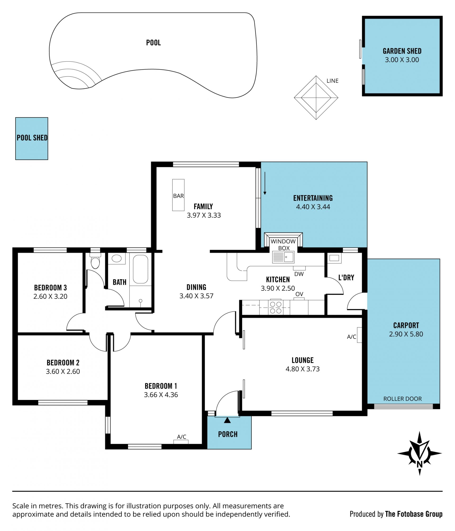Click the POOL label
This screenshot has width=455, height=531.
point(154,43)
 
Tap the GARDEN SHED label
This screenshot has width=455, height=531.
point(402,51)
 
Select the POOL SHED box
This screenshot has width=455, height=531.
point(32,139)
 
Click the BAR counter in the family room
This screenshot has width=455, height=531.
point(178,195)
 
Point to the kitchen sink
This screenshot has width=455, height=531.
point(283,257)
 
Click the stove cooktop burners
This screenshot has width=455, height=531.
point(276,307)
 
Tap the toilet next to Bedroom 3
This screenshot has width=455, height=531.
point(95,261)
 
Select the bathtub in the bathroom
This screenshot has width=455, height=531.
point(141,269)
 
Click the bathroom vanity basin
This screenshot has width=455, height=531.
point(117,258)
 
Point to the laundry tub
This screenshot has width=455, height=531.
point(334,258)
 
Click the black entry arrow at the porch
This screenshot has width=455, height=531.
point(227,420)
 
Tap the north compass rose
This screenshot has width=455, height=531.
point(419,453)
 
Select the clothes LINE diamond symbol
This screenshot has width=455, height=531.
point(316,97)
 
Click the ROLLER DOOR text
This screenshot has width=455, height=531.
point(402,399)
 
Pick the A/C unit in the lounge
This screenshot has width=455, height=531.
point(359,335)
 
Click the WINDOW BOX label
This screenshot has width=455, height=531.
point(283,245)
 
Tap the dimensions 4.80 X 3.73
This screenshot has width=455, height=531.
point(302,369)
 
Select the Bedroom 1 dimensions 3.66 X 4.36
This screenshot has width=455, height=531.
point(161,395)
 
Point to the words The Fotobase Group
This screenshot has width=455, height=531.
point(414,514)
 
